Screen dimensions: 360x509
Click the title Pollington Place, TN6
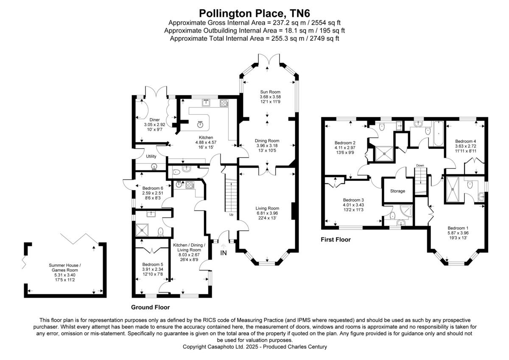point(254,13)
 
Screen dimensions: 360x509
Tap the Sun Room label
point(270,92)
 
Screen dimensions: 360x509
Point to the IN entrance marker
point(224,253)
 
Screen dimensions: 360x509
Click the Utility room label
point(151,156)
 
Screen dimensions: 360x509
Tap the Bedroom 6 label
point(153,188)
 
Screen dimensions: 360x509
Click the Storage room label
point(397,191)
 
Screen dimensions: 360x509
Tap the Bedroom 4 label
point(465,141)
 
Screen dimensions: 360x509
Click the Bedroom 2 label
point(345,143)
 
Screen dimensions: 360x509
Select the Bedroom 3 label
point(353,200)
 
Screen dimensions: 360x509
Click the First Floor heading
point(336,239)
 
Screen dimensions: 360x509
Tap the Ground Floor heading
point(150,307)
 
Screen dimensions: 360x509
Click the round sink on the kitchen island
point(200,124)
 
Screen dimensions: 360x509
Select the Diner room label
point(154,120)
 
